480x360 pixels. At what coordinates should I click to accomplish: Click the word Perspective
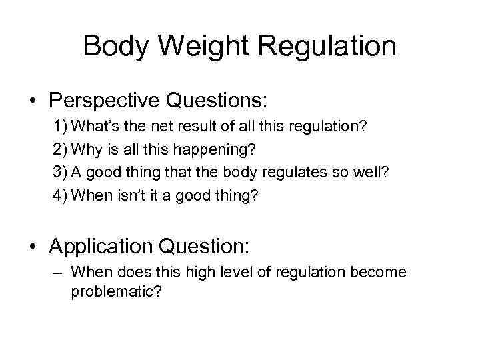103,101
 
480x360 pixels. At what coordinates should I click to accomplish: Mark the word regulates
300,172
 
